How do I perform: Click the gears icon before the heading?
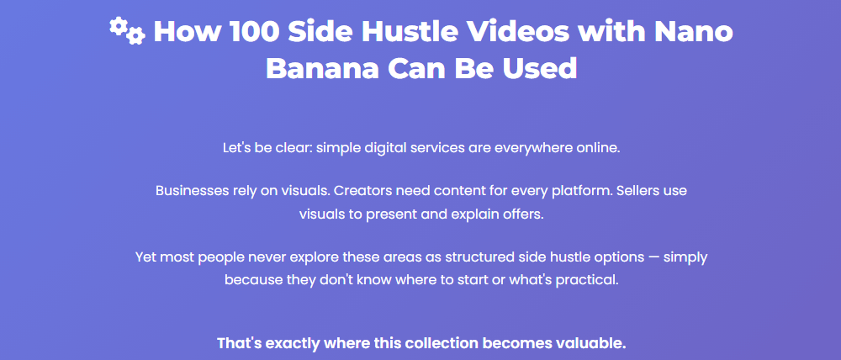pyautogui.click(x=127, y=31)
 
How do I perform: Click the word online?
pyautogui.click(x=597, y=149)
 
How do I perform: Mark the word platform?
pyautogui.click(x=577, y=191)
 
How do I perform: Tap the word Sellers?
pyautogui.click(x=639, y=191)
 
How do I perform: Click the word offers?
pyautogui.click(x=523, y=214)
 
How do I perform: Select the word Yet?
pyautogui.click(x=147, y=257)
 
